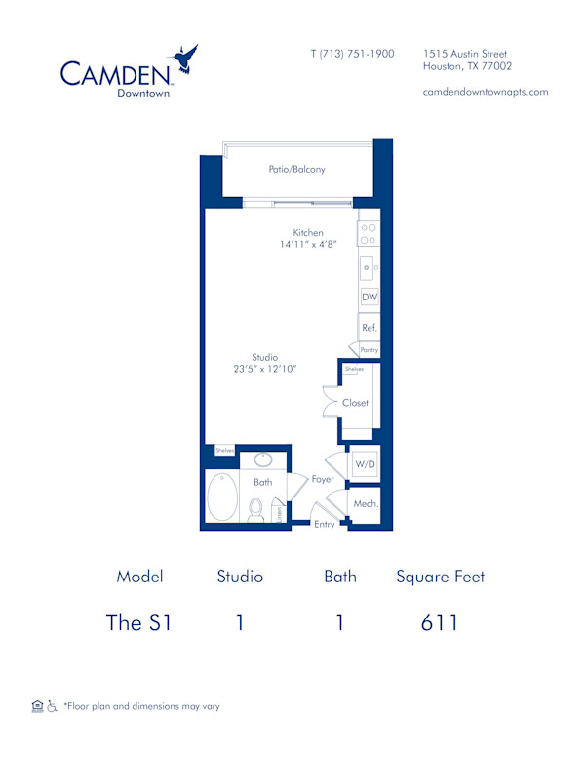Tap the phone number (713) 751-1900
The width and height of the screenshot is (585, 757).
[352, 54]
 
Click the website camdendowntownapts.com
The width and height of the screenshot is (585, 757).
[485, 92]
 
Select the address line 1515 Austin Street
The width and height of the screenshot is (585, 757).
[465, 54]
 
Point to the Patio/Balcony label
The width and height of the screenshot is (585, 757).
[296, 169]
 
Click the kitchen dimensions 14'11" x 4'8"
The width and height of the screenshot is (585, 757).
[307, 245]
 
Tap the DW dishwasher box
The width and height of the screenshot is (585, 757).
[369, 297]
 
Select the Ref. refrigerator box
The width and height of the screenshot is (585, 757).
[369, 329]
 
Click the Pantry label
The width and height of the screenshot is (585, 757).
[369, 350]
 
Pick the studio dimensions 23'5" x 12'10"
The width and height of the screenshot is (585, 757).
[264, 370]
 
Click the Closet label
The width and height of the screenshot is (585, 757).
[355, 403]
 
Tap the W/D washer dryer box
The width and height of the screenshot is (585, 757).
[365, 465]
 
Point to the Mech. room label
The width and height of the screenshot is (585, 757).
[366, 503]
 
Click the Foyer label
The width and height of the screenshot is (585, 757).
[323, 479]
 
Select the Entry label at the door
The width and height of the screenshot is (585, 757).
[325, 525]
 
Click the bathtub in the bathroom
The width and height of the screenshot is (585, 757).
[222, 497]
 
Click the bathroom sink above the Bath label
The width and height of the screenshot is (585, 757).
[263, 460]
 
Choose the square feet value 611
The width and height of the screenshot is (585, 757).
[440, 622]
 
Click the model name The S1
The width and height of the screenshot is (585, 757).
[138, 622]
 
